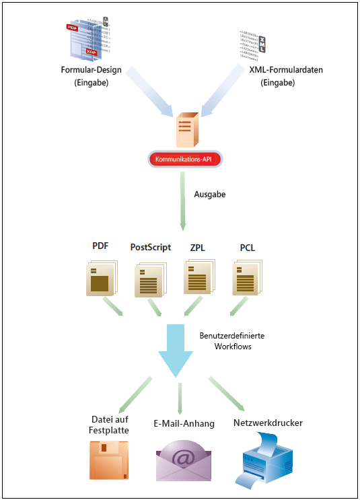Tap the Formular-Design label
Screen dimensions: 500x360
[90, 71]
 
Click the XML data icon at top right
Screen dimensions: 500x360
[254, 44]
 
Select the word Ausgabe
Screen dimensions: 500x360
[211, 194]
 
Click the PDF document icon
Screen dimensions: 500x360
[101, 277]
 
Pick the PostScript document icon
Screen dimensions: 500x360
[150, 279]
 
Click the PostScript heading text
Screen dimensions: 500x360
[151, 247]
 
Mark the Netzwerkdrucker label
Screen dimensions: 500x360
[268, 423]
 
